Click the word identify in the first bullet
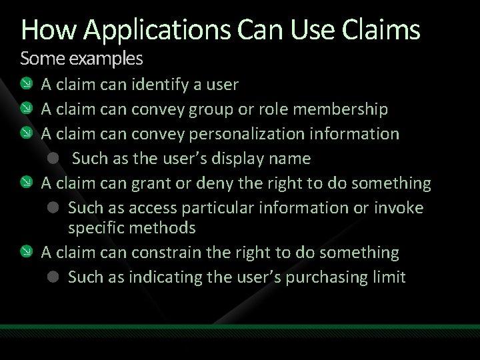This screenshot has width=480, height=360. click(x=157, y=85)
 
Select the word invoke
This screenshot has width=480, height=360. click(x=398, y=207)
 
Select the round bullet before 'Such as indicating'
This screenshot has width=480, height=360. click(x=55, y=277)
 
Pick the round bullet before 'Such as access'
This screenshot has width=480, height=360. click(x=55, y=208)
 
